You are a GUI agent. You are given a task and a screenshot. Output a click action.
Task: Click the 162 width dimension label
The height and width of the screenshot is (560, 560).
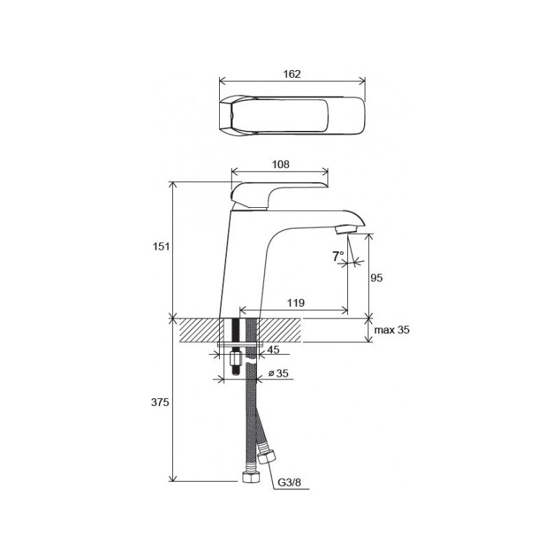[292, 74]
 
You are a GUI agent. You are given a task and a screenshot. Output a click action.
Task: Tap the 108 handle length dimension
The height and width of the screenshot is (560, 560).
[281, 164]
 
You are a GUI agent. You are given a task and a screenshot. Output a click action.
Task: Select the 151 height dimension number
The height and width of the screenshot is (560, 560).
[161, 246]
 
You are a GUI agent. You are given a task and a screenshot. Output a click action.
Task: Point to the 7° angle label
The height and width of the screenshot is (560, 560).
[338, 256]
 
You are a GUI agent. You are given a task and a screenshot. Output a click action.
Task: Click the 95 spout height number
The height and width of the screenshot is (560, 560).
[377, 277]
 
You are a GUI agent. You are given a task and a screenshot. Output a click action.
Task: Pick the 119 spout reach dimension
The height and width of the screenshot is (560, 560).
[295, 303]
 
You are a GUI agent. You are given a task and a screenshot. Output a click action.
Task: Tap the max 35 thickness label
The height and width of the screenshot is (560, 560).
[392, 330]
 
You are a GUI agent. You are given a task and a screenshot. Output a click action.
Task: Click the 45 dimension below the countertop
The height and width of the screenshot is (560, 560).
[273, 349]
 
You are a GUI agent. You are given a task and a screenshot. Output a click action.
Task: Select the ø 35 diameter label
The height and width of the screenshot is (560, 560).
[278, 373]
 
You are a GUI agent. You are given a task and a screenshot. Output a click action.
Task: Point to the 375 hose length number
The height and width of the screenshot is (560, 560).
[160, 402]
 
